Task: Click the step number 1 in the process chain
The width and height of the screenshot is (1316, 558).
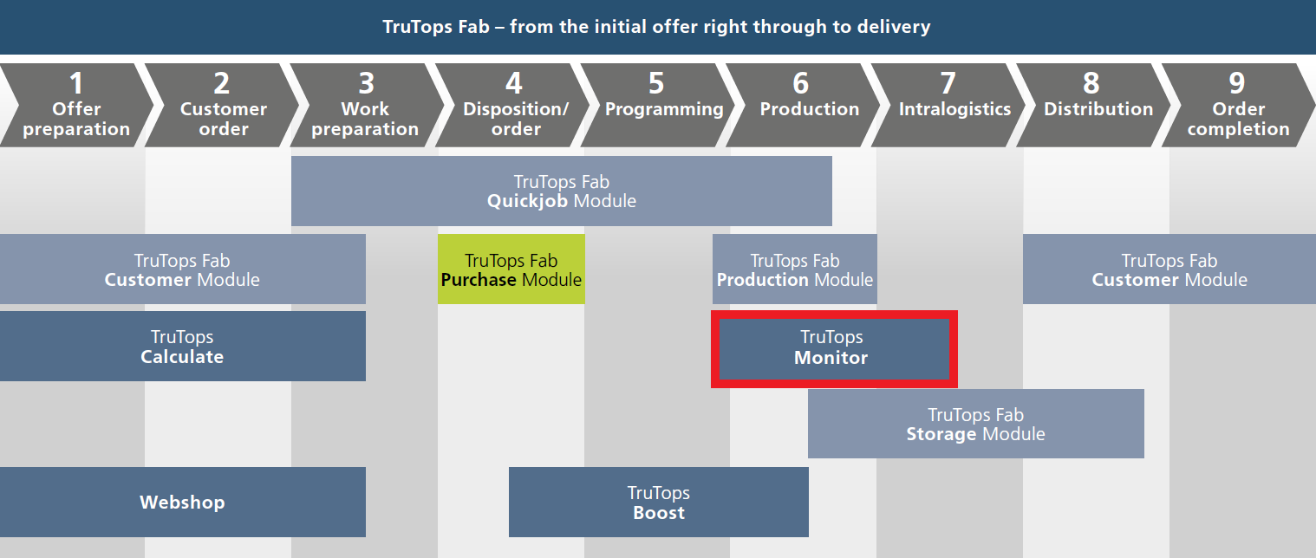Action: pyautogui.click(x=75, y=83)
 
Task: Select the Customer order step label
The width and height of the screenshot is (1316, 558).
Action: pyautogui.click(x=224, y=119)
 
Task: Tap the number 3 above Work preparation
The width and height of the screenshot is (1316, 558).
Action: pyautogui.click(x=367, y=83)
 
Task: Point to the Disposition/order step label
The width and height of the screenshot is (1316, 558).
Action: pyautogui.click(x=516, y=119)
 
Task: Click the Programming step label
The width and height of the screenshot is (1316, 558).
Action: pyautogui.click(x=664, y=110)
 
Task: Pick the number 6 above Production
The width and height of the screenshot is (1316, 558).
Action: pyautogui.click(x=801, y=83)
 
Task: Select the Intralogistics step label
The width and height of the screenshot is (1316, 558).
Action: pyautogui.click(x=954, y=109)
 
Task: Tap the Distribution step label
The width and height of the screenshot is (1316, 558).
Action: pyautogui.click(x=1098, y=108)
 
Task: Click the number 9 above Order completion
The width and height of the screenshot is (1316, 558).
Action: pyautogui.click(x=1237, y=83)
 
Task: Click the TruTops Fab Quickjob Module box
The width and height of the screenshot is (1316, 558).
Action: pyautogui.click(x=562, y=191)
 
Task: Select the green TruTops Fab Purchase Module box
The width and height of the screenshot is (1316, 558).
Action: pyautogui.click(x=511, y=269)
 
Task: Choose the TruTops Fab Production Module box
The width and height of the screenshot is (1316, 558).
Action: pyautogui.click(x=795, y=269)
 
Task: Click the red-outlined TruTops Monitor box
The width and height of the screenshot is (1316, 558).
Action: pyautogui.click(x=834, y=349)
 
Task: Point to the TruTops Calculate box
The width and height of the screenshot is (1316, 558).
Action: pyautogui.click(x=183, y=346)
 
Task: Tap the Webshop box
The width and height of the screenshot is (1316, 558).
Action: pyautogui.click(x=183, y=503)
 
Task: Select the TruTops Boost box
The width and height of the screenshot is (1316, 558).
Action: pyautogui.click(x=659, y=503)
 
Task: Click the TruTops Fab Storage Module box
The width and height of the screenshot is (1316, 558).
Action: pyautogui.click(x=976, y=424)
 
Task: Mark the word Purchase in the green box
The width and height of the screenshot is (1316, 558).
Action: pyautogui.click(x=479, y=280)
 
